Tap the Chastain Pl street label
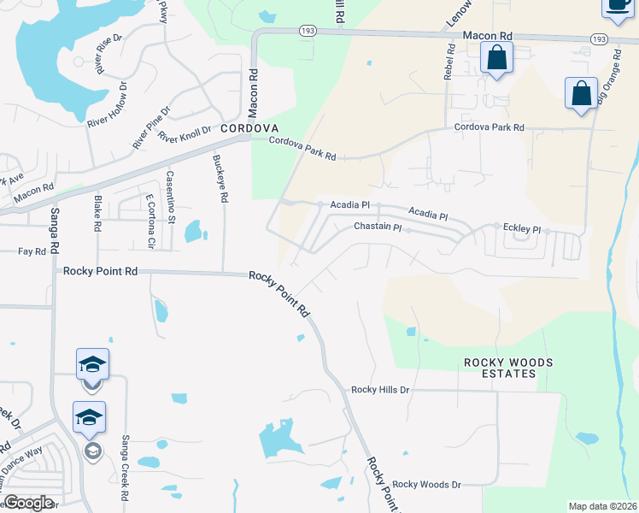(x=378, y=227)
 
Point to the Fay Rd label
(x=32, y=251)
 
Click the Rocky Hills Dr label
(x=381, y=390)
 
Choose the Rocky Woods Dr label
(x=426, y=484)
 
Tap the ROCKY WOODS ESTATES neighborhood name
(x=507, y=368)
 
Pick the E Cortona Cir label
(x=149, y=221)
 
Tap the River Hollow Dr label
(x=108, y=103)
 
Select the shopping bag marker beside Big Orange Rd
(x=581, y=93)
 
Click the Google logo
(x=27, y=503)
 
